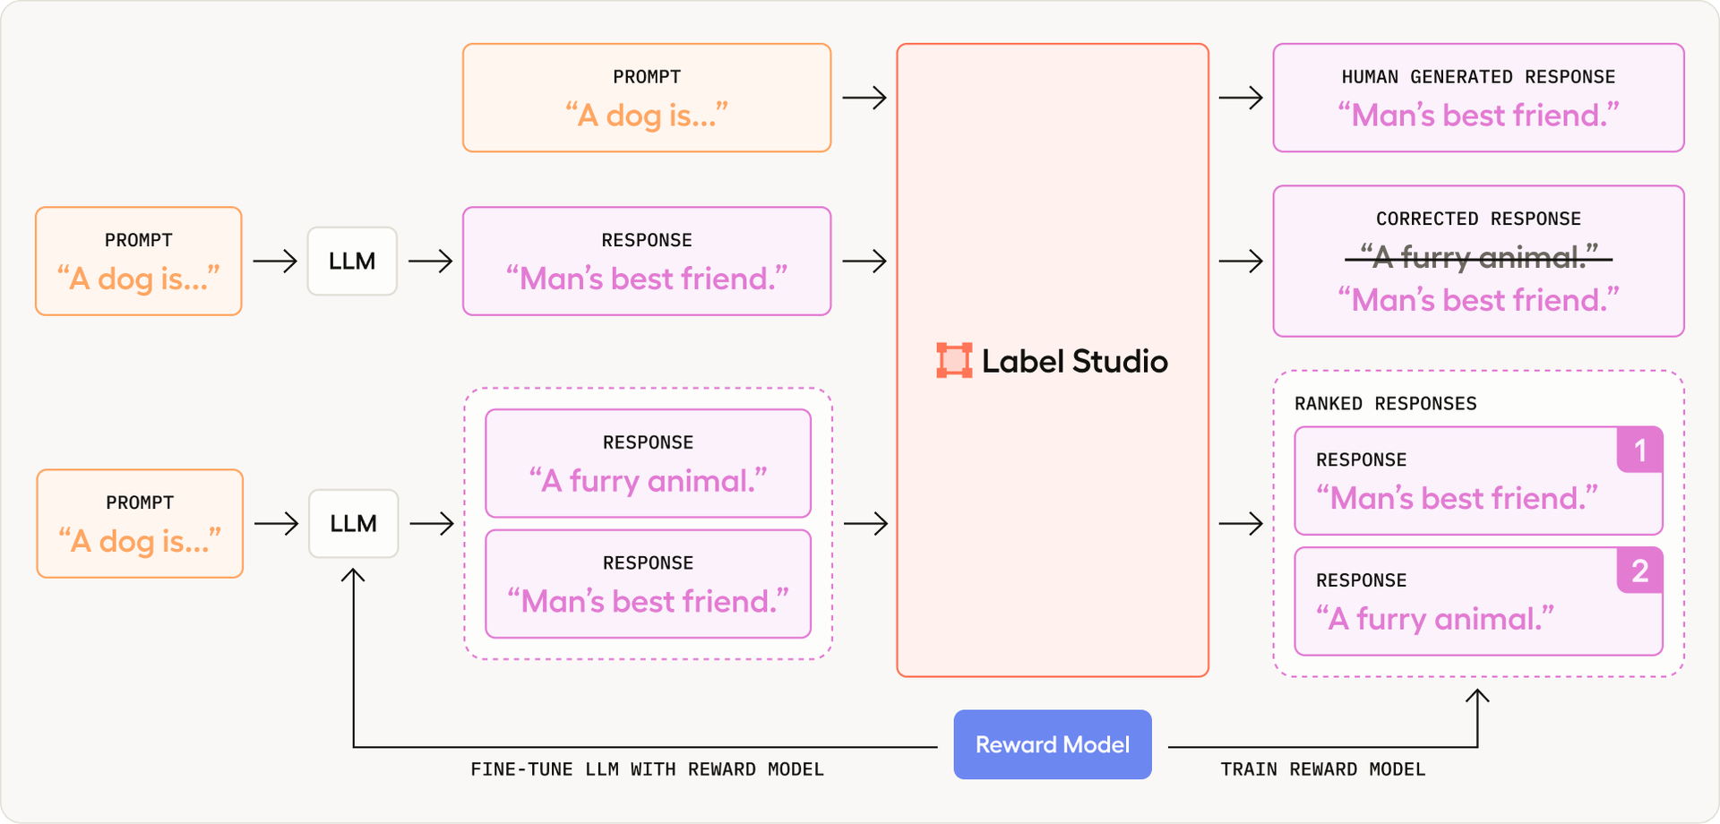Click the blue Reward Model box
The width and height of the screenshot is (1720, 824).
click(x=1052, y=744)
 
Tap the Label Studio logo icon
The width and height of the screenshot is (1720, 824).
click(x=954, y=360)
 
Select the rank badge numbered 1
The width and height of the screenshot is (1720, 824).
click(x=1639, y=451)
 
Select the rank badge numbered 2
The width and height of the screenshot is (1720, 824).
click(x=1639, y=571)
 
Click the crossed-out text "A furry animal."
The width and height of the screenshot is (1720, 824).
click(x=1478, y=258)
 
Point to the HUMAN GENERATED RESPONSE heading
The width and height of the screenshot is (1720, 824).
click(x=1478, y=77)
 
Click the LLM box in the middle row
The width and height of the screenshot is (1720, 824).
click(x=352, y=262)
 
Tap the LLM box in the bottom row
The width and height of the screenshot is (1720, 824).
click(x=353, y=523)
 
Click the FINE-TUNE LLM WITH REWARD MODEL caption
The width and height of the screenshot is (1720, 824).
click(x=647, y=769)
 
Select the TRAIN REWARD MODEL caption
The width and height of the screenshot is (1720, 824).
click(x=1322, y=769)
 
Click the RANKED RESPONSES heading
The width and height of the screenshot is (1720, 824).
click(x=1385, y=404)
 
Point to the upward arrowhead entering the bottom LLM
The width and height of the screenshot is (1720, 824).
click(x=353, y=575)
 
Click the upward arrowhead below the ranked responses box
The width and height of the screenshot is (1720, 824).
click(x=1477, y=696)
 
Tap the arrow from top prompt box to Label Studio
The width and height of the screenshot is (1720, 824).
click(x=864, y=98)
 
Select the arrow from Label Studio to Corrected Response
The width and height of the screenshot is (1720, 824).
click(x=1241, y=262)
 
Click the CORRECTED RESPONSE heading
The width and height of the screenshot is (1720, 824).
click(x=1478, y=219)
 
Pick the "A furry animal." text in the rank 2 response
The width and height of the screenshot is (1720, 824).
click(x=1434, y=619)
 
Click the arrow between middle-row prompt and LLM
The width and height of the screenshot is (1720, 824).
click(x=274, y=262)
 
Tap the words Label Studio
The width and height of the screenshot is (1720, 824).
click(x=1074, y=361)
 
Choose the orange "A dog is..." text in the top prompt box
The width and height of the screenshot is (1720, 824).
click(x=646, y=116)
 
